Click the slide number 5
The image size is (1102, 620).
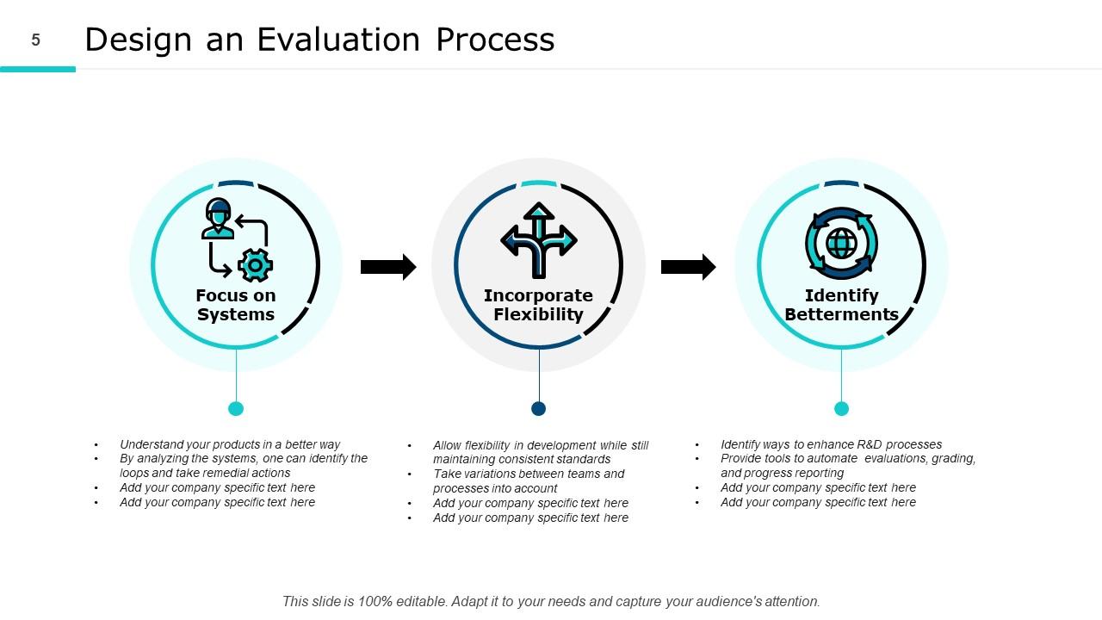coord(36,40)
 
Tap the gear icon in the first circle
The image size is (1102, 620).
coord(255,265)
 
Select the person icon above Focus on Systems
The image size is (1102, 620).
coord(218,219)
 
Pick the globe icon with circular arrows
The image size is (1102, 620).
coord(841,243)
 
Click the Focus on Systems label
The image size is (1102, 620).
coord(235,305)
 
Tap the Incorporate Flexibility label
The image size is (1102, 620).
coord(538,305)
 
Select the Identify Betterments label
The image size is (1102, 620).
coord(841,305)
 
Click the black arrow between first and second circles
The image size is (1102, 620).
coord(387,267)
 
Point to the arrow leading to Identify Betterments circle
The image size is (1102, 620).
coord(688,267)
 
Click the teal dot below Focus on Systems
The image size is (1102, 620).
coord(236,408)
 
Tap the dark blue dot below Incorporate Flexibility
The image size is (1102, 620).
coord(539,408)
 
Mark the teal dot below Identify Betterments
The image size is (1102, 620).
coord(842,408)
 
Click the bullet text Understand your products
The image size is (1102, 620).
coord(230,445)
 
